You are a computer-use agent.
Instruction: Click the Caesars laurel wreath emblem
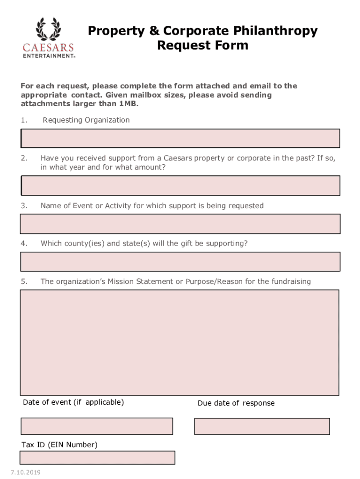coord(48,29)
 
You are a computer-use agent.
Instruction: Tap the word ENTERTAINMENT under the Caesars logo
coord(49,55)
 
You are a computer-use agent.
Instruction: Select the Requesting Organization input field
coord(180,138)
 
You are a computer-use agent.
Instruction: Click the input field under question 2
coord(180,186)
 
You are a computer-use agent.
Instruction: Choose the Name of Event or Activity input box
coord(180,224)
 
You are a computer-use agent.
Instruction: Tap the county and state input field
coord(180,261)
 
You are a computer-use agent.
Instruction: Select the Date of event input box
coord(97,426)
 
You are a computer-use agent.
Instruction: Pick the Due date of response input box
coord(262,426)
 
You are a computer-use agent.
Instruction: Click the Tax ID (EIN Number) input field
coord(97,457)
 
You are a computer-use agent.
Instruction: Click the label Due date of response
coord(236,403)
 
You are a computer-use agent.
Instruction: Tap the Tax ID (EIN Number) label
coord(59,445)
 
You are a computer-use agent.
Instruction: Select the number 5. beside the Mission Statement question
coord(24,282)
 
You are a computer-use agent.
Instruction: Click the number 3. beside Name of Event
coord(24,206)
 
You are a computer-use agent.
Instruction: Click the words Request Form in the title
coord(202,46)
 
